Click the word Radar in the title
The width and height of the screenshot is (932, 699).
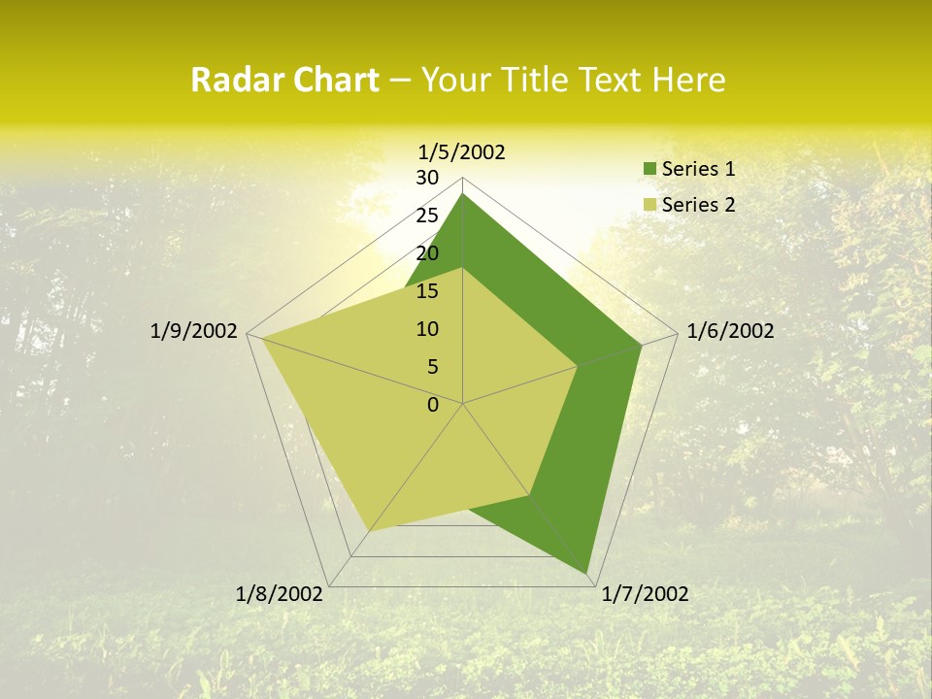(229, 81)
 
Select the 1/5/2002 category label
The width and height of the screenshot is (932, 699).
(462, 151)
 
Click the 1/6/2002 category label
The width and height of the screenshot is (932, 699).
(730, 331)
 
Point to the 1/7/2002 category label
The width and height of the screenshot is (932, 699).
(645, 594)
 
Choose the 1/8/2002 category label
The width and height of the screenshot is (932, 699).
(280, 594)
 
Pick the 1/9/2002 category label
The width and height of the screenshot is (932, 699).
(194, 331)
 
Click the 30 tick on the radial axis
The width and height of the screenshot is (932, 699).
(427, 178)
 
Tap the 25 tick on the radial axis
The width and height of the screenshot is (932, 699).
(427, 216)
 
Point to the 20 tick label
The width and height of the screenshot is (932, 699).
(427, 253)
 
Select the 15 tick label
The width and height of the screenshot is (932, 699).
(427, 291)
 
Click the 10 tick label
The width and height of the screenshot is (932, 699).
(427, 329)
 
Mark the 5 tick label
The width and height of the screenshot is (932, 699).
(432, 367)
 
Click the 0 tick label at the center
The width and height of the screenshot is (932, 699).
(433, 405)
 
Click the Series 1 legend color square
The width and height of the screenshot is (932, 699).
(649, 169)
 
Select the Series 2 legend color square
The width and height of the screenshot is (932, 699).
(649, 205)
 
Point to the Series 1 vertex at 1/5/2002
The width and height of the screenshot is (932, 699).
(462, 194)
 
